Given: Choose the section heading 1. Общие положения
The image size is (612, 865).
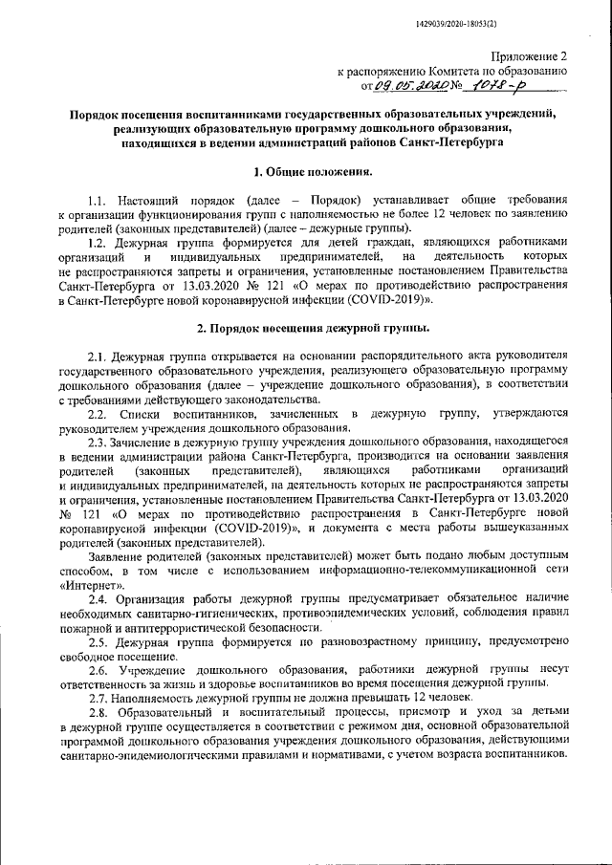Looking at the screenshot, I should [x=306, y=172].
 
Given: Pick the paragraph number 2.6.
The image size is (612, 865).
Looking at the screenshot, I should [x=98, y=669].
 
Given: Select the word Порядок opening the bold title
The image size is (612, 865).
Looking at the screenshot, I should [x=103, y=114].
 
